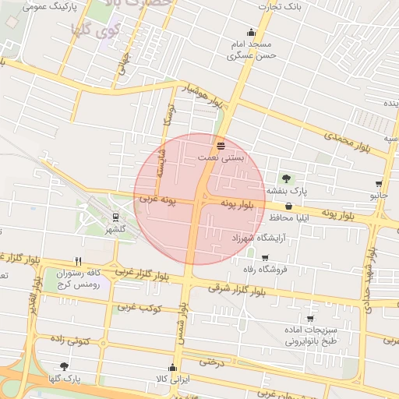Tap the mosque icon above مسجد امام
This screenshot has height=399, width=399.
251,33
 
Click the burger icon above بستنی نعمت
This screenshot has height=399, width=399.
221,145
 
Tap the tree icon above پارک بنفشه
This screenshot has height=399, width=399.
286,178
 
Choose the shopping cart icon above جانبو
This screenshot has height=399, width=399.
379,185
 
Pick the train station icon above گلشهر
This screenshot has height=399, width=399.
115,218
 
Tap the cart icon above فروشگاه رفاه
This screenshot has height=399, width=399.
265,258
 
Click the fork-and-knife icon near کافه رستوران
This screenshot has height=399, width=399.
78,261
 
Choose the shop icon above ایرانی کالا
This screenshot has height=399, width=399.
176,366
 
